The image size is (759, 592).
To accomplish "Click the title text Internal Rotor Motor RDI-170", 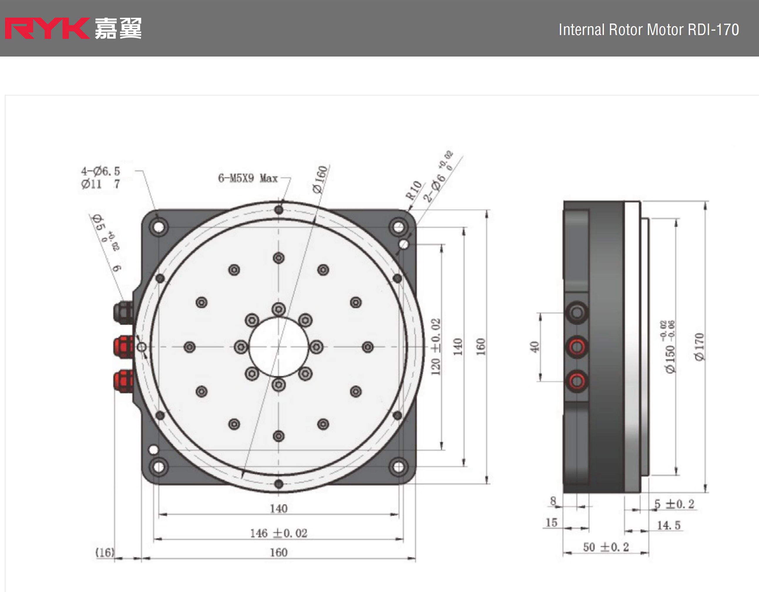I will (649, 30).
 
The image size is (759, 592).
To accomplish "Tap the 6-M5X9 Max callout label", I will (248, 178).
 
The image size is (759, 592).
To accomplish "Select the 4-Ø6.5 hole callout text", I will (100, 171).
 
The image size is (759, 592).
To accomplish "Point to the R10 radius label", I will (414, 190).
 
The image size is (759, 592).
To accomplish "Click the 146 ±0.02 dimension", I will (279, 533).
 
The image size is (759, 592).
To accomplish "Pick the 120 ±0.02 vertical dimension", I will (436, 347).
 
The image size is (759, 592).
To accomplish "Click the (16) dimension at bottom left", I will (105, 552).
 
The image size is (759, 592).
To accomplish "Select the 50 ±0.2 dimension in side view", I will (606, 547).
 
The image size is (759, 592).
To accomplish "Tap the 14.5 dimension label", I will (668, 525).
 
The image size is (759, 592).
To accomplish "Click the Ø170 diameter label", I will (699, 347).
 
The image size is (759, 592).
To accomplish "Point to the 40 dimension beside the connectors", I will (534, 347).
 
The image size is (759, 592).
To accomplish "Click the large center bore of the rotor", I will (279, 347).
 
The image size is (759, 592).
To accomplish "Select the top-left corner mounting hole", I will (159, 227).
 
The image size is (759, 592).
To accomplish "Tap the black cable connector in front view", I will (123, 312).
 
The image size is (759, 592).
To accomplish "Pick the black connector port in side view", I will (577, 313).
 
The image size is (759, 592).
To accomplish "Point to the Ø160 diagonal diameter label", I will (320, 180).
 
